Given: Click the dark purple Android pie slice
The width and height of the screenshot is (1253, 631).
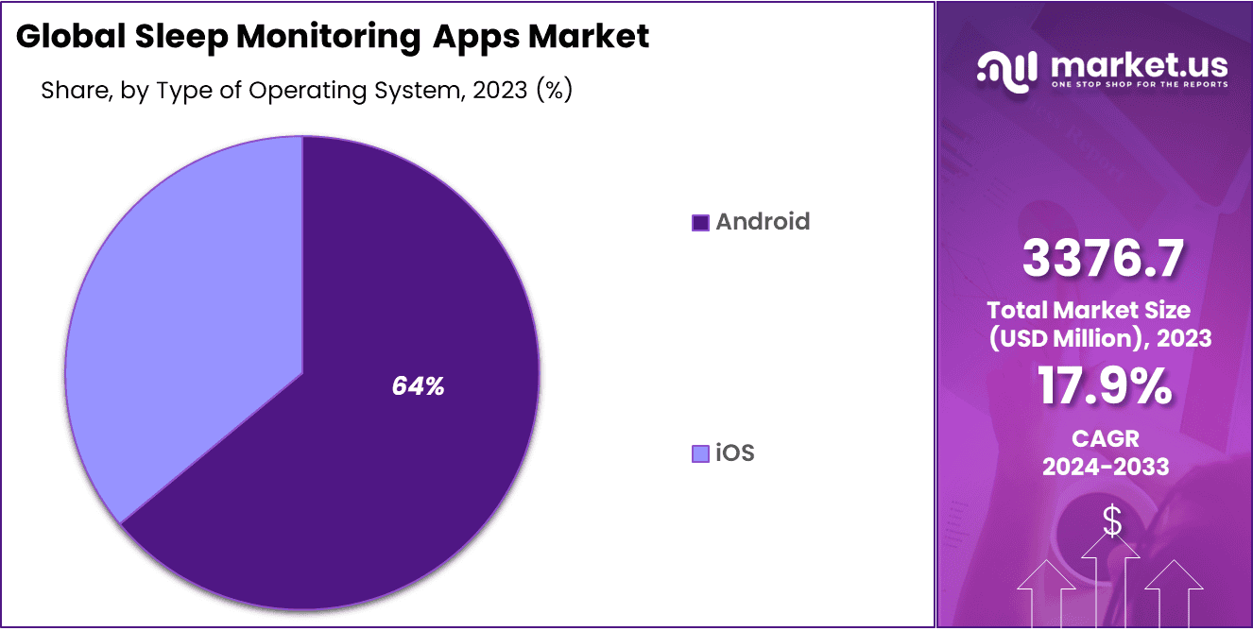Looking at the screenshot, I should (x=378, y=453).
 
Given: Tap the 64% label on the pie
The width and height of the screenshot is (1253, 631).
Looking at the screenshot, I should (x=418, y=386).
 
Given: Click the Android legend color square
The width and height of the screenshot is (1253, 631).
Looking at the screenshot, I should (x=700, y=223).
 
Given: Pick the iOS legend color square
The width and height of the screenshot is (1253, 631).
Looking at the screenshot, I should (x=700, y=454).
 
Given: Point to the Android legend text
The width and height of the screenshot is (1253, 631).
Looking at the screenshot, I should (x=763, y=222).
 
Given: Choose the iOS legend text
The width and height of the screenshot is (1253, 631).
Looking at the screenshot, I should (x=735, y=453).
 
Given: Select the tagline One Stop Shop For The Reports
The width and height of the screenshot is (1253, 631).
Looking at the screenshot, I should (x=1139, y=85).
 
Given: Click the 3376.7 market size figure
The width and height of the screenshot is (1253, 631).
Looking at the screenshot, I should (x=1102, y=260).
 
